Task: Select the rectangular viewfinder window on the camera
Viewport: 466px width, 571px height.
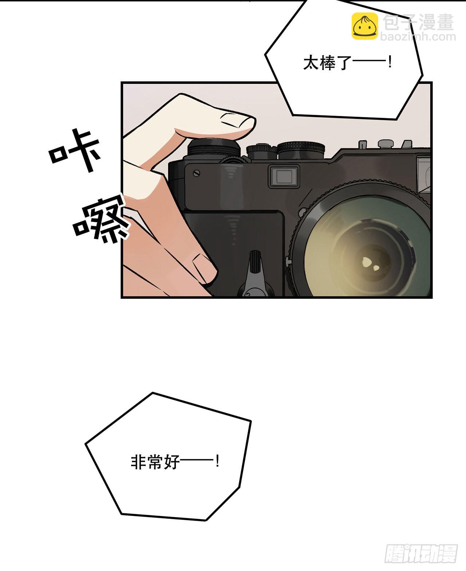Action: click(284, 176)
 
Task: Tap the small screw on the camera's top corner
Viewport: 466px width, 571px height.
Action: click(197, 173)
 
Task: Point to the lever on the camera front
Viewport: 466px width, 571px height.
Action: click(255, 271)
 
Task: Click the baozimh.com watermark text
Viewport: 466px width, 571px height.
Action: click(418, 37)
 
